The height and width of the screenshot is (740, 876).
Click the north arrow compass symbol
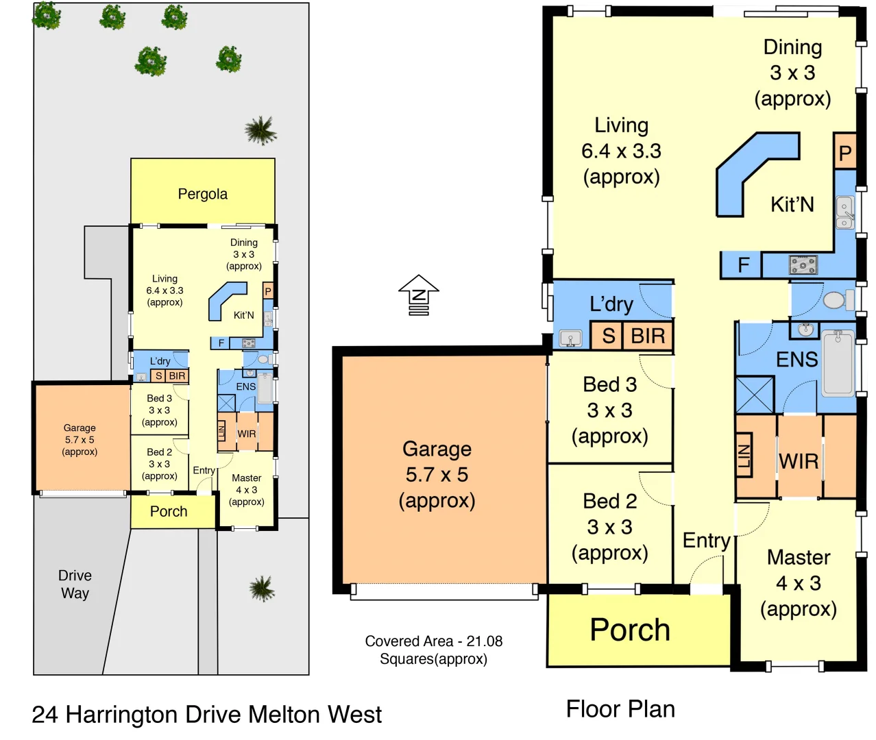(x=418, y=295)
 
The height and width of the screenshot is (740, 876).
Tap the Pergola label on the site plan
(x=202, y=194)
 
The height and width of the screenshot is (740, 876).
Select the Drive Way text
(x=75, y=584)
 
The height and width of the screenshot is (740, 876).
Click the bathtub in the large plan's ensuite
(x=838, y=362)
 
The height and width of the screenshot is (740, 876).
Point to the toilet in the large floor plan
(x=836, y=300)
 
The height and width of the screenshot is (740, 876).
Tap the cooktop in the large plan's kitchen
(x=803, y=265)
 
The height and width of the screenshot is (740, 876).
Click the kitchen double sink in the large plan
(x=845, y=212)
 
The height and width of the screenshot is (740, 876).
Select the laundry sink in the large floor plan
(x=570, y=338)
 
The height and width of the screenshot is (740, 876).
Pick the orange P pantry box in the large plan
(x=845, y=153)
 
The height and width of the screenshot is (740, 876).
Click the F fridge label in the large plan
(x=743, y=265)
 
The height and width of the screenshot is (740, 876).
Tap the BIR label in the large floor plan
(x=648, y=336)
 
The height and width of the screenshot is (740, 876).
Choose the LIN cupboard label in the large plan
(x=744, y=455)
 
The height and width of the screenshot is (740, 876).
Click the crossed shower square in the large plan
(x=754, y=395)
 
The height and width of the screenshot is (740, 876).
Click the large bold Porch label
(x=629, y=630)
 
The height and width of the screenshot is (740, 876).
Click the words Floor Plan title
(x=620, y=709)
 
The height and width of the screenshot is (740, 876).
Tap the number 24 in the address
(x=45, y=715)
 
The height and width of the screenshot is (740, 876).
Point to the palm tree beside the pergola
(x=260, y=129)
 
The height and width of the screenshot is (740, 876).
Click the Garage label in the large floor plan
(x=437, y=449)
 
